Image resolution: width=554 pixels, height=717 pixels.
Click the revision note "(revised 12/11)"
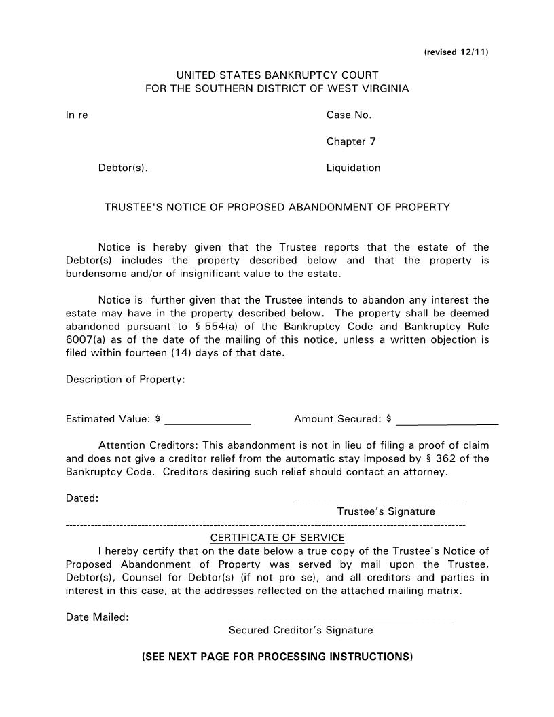[x=456, y=52]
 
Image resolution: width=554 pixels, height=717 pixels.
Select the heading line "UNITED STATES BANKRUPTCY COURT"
[x=277, y=75]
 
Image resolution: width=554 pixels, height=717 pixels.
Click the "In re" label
[x=77, y=115]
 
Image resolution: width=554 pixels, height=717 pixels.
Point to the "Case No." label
[x=349, y=115]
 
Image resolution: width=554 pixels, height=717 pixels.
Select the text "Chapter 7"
[x=351, y=142]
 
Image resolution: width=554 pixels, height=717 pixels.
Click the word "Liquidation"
[x=353, y=168]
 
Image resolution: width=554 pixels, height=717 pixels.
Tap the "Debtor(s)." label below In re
[x=123, y=168]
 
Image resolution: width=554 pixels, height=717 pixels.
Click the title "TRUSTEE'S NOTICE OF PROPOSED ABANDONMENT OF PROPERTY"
[x=277, y=208]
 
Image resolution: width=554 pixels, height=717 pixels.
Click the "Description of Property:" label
[x=125, y=380]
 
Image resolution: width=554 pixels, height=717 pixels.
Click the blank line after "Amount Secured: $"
[x=447, y=423]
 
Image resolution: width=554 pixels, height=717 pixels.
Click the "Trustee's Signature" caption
[x=386, y=511]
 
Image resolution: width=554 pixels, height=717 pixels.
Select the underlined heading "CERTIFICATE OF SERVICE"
[x=277, y=538]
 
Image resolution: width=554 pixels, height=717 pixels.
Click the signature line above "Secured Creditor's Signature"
[x=340, y=621]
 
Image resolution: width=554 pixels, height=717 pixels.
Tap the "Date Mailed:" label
[x=97, y=617]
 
